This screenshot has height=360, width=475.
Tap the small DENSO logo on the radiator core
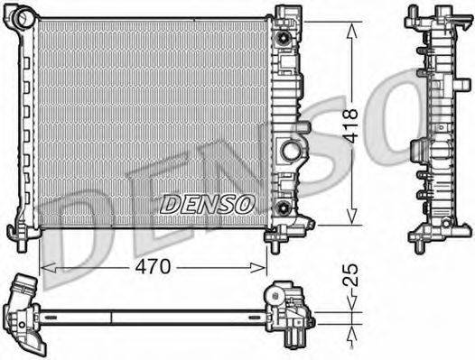click(207, 205)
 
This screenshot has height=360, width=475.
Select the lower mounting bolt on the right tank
click(285, 209)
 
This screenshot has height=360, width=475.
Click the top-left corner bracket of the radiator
click(27, 15)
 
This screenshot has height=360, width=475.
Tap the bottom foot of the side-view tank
click(424, 241)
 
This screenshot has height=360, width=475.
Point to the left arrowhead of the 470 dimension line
click(45, 267)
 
